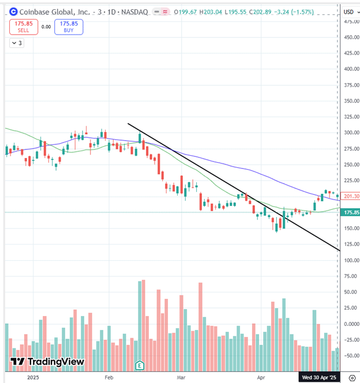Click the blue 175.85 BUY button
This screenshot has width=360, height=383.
click(x=69, y=27)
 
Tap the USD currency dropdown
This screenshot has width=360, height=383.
click(x=349, y=12)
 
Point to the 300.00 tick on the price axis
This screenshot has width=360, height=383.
click(x=348, y=133)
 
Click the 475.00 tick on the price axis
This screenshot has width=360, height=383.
click(x=348, y=21)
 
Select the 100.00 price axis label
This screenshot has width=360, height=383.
click(x=348, y=260)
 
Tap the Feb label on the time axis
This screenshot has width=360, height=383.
click(x=110, y=377)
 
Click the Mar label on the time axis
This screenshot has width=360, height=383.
click(x=182, y=377)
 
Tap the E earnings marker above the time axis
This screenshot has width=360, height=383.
click(x=139, y=365)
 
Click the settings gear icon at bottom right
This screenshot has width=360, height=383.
click(x=350, y=377)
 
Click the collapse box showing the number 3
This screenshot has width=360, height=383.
click(x=17, y=43)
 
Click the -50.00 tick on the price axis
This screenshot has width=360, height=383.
click(x=348, y=355)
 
